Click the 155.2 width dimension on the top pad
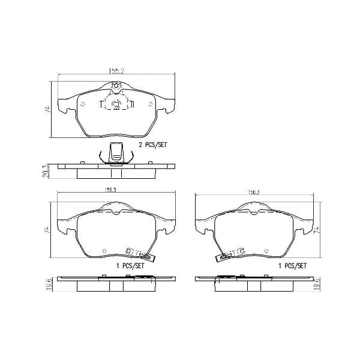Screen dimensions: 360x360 pos(117,71)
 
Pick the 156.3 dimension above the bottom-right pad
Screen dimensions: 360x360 pos(254,193)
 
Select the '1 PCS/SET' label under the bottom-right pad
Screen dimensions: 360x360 pos(292,265)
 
